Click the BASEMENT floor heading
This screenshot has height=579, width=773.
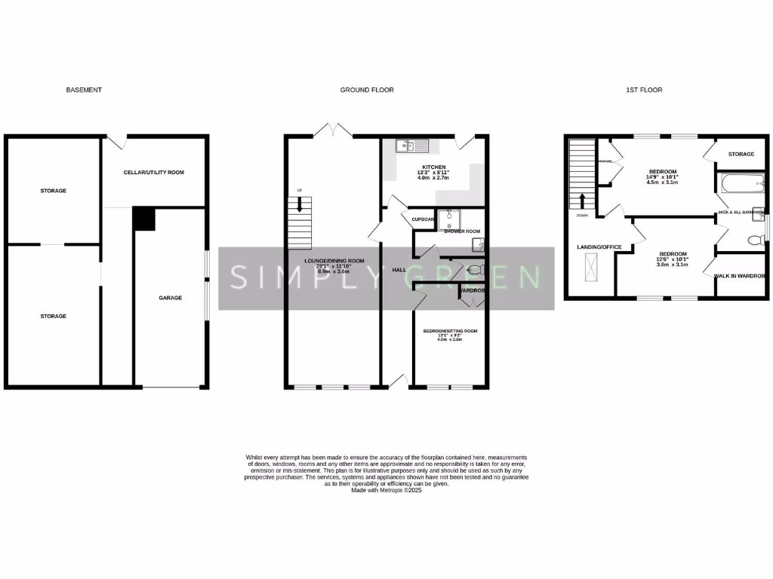(84, 90)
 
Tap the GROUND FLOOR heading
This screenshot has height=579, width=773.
(366, 90)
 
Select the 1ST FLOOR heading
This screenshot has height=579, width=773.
(644, 90)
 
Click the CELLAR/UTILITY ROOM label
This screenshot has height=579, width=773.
(154, 173)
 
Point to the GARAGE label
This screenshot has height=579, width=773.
(170, 298)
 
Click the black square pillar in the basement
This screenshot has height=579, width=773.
(143, 219)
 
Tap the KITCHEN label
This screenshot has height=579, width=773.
(433, 167)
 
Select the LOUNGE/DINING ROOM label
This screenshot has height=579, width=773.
(334, 261)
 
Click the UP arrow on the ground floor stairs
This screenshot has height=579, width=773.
(300, 204)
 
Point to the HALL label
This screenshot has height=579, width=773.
(399, 269)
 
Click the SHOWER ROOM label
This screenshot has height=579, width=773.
(462, 231)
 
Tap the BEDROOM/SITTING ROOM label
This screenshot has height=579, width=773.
(450, 331)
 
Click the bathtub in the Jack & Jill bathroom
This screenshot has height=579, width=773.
(741, 183)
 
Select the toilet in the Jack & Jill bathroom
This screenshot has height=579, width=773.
(753, 240)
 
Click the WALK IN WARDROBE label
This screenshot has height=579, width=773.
(741, 277)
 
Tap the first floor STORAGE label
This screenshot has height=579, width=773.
(741, 154)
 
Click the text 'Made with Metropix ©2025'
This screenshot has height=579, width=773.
(386, 490)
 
